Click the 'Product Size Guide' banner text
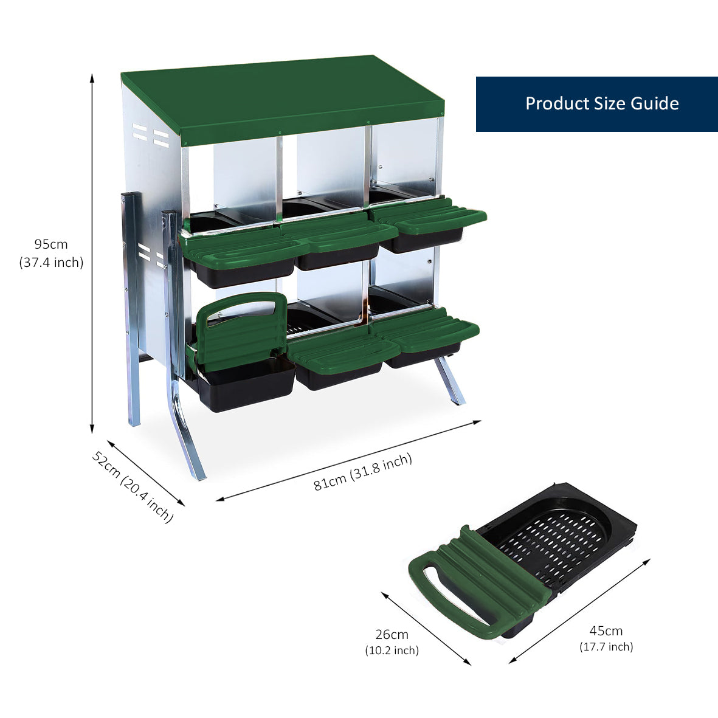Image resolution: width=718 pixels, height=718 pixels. [x=601, y=103]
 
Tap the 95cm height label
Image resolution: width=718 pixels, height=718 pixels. [x=51, y=244]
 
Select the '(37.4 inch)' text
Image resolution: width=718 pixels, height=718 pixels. [x=51, y=263]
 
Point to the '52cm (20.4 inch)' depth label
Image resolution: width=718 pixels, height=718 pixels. [x=133, y=486]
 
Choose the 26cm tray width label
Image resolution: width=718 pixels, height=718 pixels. [x=392, y=635]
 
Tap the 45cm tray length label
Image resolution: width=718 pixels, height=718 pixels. [x=606, y=630]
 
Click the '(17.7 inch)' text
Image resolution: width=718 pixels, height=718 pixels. [x=606, y=646]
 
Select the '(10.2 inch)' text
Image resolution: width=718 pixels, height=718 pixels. [x=392, y=651]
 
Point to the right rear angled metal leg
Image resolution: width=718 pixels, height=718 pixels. [x=450, y=380]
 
